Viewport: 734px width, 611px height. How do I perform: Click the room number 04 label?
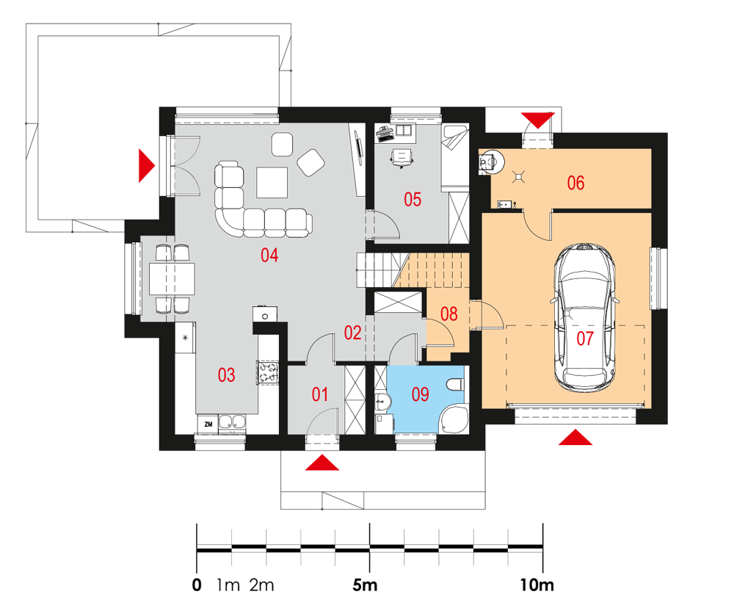(x=269, y=255)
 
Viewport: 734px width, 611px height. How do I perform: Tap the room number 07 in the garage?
(x=585, y=338)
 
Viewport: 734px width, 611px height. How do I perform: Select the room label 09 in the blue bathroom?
(x=420, y=394)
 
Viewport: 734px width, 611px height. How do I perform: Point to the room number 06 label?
(x=575, y=183)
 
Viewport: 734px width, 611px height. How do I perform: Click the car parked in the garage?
(x=585, y=317)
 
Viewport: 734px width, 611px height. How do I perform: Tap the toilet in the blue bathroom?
(x=455, y=385)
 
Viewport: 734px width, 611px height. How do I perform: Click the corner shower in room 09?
(x=454, y=419)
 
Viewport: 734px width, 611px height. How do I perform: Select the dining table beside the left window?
(x=172, y=278)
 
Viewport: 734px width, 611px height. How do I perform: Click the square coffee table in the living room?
(x=272, y=183)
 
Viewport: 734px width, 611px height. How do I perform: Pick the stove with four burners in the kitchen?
(x=268, y=372)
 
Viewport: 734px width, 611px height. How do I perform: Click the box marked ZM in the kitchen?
(x=208, y=424)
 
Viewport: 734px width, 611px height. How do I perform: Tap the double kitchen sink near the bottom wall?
(x=232, y=422)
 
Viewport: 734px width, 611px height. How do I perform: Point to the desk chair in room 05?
(x=402, y=158)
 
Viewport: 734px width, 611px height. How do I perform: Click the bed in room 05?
(x=455, y=158)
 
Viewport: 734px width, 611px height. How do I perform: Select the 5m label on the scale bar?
(x=365, y=585)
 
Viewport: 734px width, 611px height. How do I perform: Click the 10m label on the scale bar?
(x=537, y=585)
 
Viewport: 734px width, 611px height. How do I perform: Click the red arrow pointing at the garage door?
(x=575, y=437)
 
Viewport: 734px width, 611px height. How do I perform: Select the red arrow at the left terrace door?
(x=147, y=165)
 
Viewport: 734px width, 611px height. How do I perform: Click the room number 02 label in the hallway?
(x=352, y=333)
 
